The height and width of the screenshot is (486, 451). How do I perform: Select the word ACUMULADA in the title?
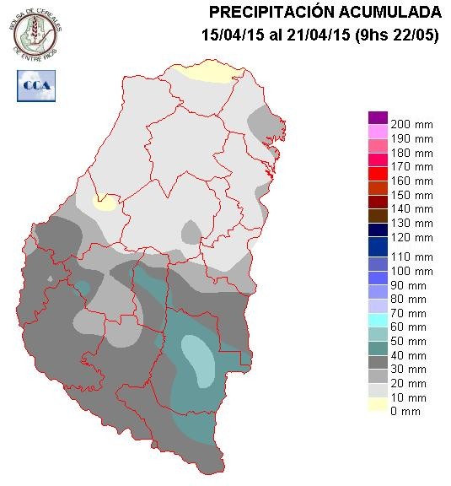click(390, 12)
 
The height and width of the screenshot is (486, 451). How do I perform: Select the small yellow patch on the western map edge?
click(105, 202)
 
